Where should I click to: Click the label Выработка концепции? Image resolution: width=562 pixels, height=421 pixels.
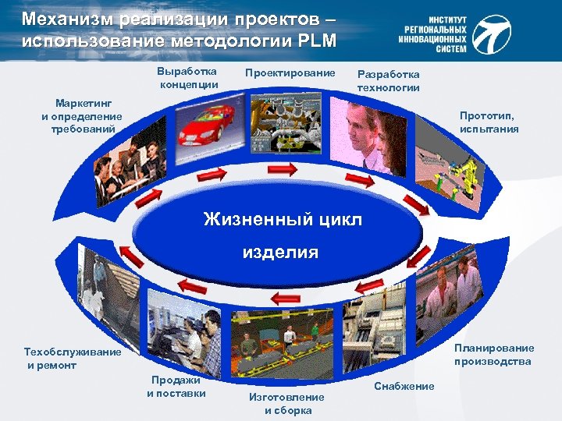(188, 78)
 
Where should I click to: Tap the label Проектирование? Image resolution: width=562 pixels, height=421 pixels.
(290, 73)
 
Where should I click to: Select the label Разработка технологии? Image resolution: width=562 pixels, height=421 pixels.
(388, 80)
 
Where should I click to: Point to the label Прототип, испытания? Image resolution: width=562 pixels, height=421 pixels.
(489, 122)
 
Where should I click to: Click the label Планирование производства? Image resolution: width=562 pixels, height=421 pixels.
(494, 355)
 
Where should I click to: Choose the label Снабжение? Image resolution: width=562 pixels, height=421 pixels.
(404, 386)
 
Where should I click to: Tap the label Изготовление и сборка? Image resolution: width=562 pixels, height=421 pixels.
(286, 404)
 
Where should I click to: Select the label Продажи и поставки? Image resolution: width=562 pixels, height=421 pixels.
(176, 387)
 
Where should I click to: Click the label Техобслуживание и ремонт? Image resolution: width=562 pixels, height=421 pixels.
(73, 358)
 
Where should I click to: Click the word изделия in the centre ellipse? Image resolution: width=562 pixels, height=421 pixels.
(280, 252)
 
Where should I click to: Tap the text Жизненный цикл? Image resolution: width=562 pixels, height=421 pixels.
(283, 219)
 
